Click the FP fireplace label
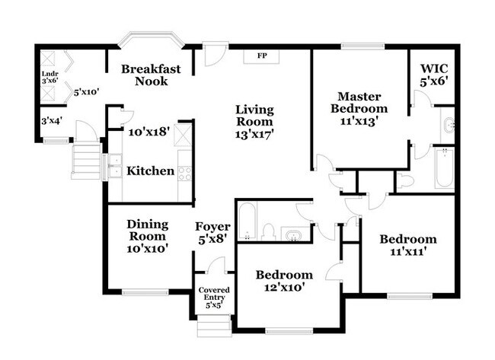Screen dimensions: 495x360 (262, 56)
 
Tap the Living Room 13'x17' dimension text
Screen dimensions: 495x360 (254, 135)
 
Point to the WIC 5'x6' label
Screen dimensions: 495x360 (434, 75)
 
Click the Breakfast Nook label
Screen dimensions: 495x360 (151, 75)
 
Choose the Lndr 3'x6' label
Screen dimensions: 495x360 (49, 77)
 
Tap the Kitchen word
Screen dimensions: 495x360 (150, 171)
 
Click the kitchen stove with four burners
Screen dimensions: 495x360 (185, 174)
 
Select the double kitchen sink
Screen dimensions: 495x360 (114, 166)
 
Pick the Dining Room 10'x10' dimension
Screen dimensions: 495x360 (147, 249)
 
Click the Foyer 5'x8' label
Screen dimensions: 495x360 (212, 233)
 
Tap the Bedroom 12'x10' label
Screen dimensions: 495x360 (284, 281)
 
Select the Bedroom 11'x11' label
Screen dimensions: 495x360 (408, 245)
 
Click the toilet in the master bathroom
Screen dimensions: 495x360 (405, 181)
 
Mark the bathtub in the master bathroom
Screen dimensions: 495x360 (445, 168)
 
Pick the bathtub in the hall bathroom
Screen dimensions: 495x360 (247, 221)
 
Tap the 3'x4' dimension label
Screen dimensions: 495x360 (52, 120)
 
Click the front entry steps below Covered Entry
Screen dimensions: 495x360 (213, 326)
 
